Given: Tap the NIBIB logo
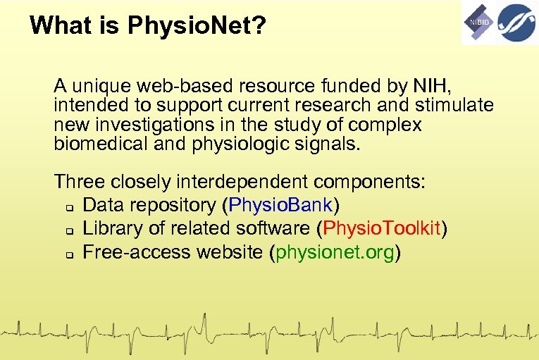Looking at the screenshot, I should (x=478, y=23).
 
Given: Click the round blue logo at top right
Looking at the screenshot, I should (x=517, y=22).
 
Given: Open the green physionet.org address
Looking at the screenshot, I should (x=335, y=252).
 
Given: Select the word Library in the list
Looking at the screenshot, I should (x=108, y=228).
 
